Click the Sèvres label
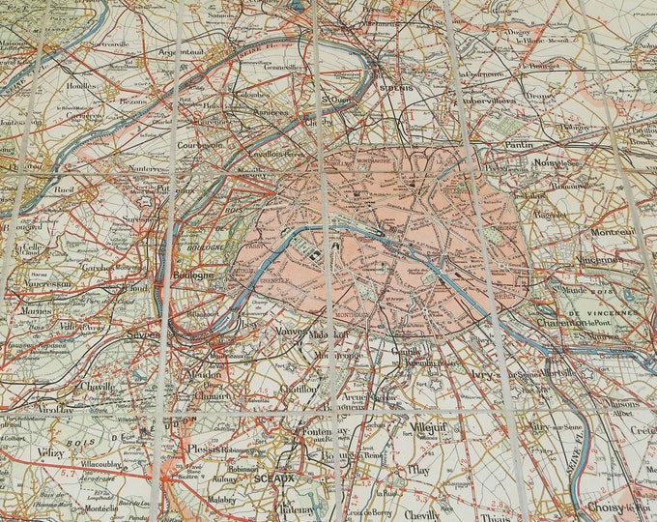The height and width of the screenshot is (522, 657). point(143,334)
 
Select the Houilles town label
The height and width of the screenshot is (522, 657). point(81,85)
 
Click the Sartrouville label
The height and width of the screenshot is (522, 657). point(99,44)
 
